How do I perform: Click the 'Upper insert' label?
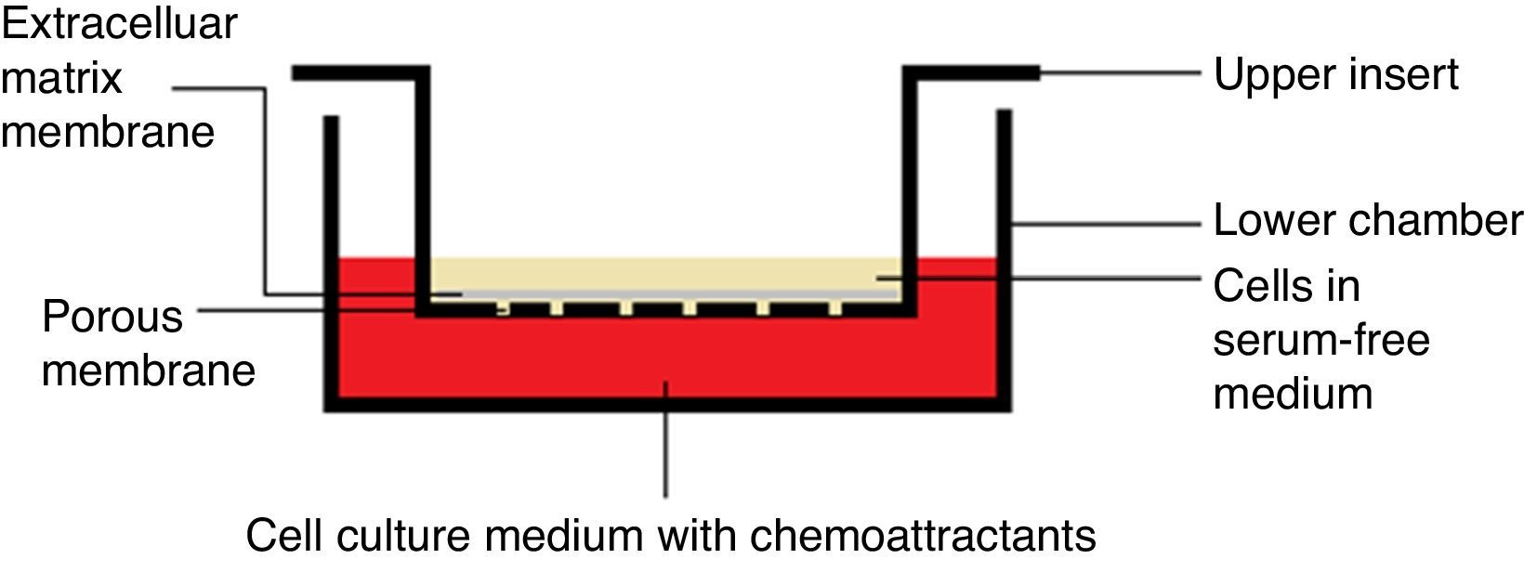point(1335,74)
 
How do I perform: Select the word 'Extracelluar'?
point(119,23)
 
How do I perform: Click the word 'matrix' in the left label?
point(61,77)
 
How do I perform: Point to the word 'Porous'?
point(112,318)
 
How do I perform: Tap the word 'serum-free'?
point(1320,340)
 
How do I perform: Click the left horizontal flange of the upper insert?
point(358,72)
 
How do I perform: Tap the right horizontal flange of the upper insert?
point(972,72)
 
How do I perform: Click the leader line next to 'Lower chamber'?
point(1106,224)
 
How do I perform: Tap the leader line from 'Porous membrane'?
point(307,310)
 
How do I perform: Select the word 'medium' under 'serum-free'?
point(1293,393)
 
